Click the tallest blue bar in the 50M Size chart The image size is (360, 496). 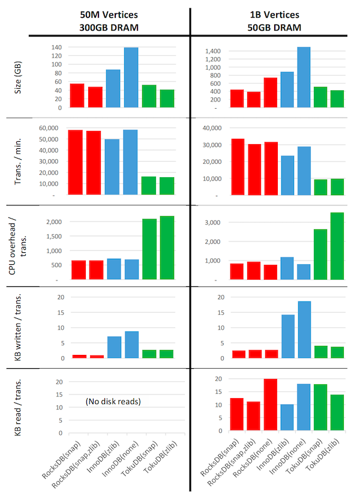point(131,77)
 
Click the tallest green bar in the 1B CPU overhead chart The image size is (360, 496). point(337,246)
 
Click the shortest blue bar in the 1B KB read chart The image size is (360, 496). point(287,417)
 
